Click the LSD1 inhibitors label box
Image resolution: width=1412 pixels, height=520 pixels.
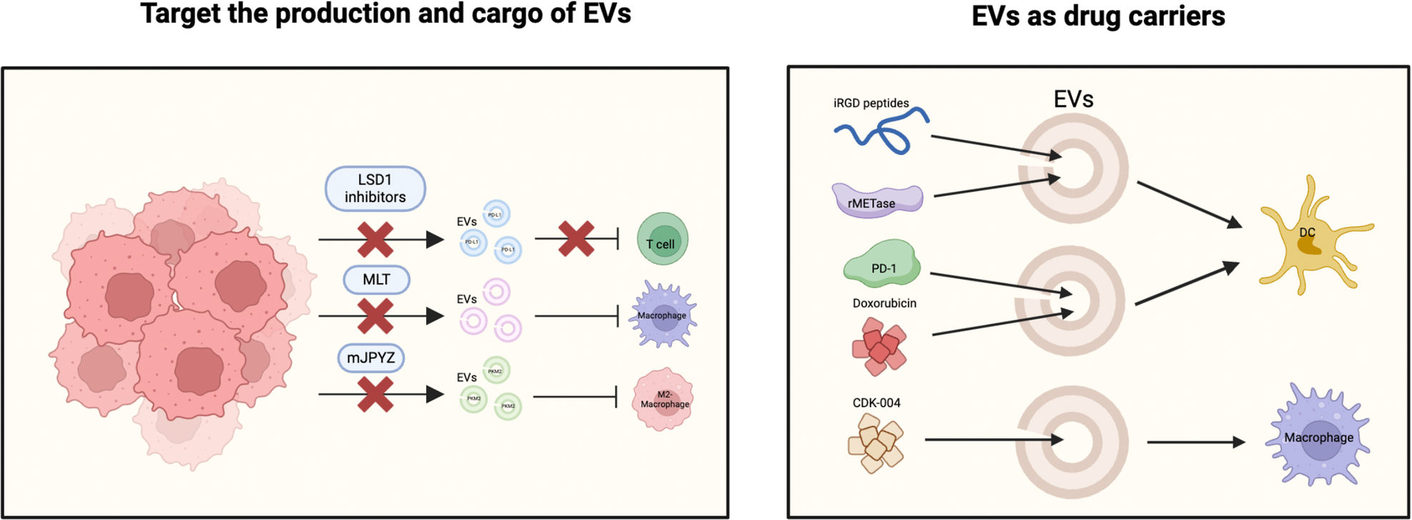pos(375,189)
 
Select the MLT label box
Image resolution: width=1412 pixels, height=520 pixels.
pos(376,280)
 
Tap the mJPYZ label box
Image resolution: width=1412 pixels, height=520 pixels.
pos(371,358)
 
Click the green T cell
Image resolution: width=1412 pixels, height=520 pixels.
pos(662,240)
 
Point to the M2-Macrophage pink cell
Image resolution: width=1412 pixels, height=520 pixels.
pos(663,399)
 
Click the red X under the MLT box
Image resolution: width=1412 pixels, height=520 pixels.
pos(375,316)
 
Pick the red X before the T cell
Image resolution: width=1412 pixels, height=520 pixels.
pos(576,239)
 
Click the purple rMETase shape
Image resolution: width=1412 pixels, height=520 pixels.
pos(877,200)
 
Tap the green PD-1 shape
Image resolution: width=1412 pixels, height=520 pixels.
pos(882,265)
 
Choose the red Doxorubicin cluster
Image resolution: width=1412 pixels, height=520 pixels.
pos(879,346)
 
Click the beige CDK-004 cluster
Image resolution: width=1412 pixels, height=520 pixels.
pos(876,443)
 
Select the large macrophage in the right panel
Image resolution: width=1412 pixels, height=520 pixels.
pos(1318,436)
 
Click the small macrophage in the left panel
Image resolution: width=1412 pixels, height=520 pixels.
pos(663,315)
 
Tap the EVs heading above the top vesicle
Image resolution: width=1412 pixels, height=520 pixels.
pos(1072,99)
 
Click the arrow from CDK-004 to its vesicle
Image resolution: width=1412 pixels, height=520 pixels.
pos(994,440)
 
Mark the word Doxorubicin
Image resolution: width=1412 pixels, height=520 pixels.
pos(884,303)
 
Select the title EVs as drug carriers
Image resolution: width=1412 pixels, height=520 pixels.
pos(1097,16)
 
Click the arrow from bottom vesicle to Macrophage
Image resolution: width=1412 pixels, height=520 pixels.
pos(1195,443)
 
